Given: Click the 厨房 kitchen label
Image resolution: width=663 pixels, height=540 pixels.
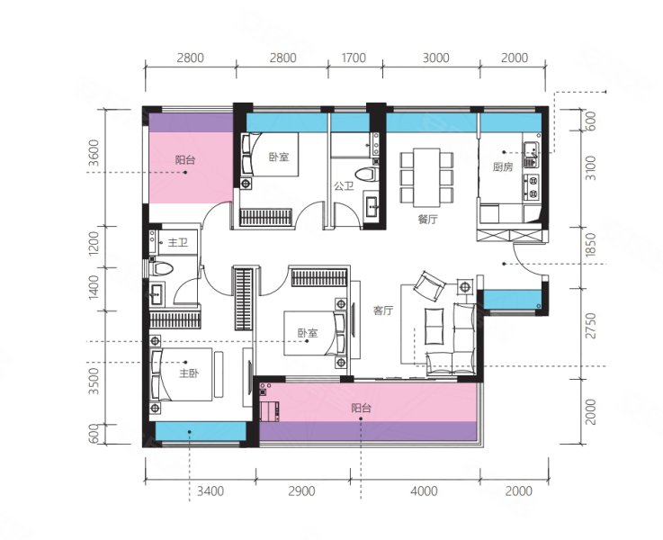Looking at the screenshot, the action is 503,167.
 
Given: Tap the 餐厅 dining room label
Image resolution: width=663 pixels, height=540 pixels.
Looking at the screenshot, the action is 427,220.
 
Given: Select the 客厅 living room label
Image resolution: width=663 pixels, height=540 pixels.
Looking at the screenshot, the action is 383,310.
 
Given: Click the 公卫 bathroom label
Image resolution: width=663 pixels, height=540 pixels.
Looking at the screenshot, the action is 344,185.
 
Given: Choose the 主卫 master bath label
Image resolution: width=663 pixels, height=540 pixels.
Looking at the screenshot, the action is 177,243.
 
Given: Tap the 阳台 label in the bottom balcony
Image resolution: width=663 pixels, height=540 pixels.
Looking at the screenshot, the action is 361,408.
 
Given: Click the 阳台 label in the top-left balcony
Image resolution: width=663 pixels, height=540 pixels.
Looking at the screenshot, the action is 185,160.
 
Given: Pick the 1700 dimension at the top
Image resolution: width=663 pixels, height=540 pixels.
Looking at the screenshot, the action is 354,58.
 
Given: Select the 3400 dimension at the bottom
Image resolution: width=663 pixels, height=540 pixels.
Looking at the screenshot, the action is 211,490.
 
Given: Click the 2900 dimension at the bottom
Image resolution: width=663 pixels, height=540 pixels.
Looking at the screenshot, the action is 301,490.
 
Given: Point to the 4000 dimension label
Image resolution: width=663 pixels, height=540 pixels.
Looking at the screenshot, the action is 424,490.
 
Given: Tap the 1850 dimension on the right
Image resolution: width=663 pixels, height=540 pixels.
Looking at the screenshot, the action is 591,245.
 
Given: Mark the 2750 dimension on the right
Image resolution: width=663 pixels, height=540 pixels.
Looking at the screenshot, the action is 591,326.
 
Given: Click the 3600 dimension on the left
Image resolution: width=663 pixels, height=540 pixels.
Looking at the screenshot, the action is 94,153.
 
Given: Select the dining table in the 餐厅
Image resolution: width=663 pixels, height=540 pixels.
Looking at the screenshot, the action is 427,177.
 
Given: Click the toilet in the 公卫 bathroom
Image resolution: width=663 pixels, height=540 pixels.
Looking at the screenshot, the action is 366,175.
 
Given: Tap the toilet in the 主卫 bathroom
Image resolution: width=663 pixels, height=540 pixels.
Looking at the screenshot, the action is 162,268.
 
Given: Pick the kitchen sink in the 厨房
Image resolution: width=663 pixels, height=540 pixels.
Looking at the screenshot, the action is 531,149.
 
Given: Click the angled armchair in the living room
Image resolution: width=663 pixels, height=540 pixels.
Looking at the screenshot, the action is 429,285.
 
